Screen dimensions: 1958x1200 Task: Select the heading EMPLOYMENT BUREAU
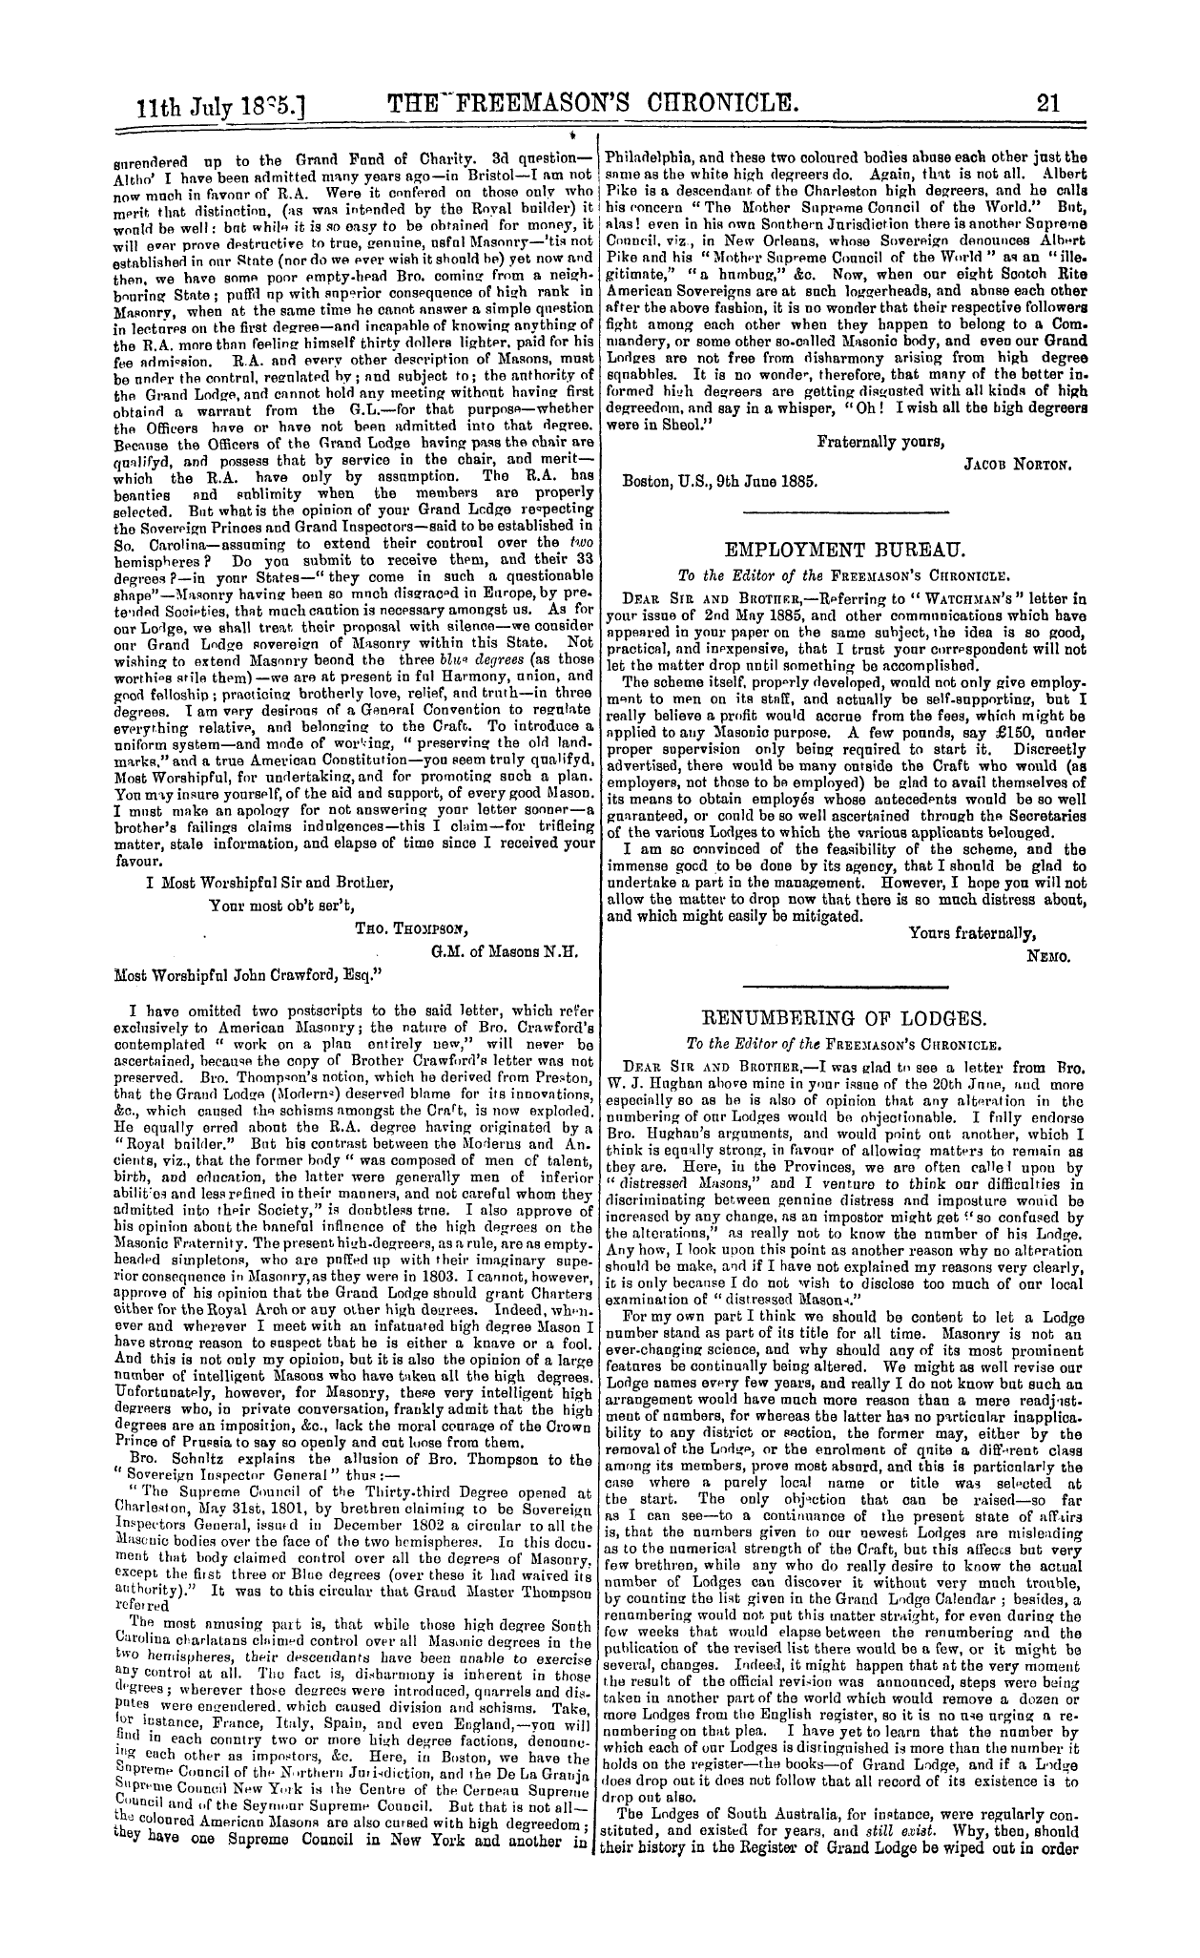point(846,551)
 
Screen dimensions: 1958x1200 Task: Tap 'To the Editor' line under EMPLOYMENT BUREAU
point(846,575)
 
